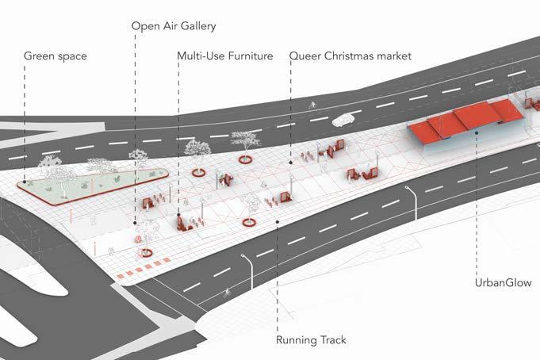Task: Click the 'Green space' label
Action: (x=55, y=56)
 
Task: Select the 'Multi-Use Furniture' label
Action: (x=225, y=56)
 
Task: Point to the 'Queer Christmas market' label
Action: (x=350, y=56)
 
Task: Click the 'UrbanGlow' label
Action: (x=502, y=283)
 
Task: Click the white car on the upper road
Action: (x=343, y=121)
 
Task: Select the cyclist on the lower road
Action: (x=228, y=293)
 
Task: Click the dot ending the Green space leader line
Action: (x=25, y=183)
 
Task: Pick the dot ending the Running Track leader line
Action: (x=277, y=223)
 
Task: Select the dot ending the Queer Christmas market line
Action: (x=291, y=162)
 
